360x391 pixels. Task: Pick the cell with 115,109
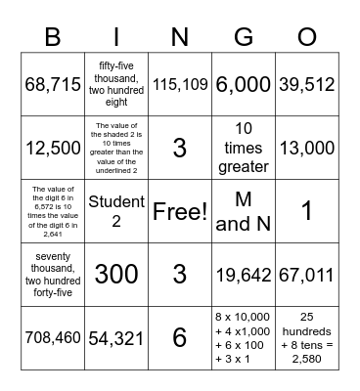point(180,85)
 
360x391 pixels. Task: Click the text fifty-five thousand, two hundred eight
point(116,85)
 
